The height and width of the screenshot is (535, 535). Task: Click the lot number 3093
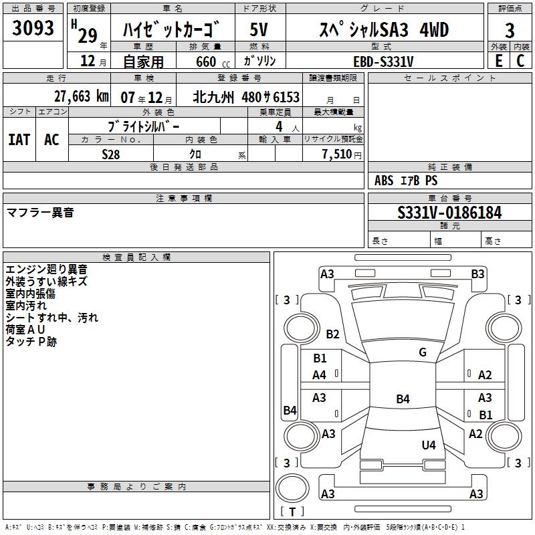click(33, 29)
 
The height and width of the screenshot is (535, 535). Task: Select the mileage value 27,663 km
click(81, 96)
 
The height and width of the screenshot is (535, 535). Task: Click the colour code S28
click(111, 154)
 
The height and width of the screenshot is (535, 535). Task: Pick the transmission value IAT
click(19, 140)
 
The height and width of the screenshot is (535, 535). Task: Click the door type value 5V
click(259, 30)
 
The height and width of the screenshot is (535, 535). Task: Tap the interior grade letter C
click(520, 60)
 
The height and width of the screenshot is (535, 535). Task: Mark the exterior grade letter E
click(498, 60)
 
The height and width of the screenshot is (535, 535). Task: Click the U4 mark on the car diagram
click(429, 445)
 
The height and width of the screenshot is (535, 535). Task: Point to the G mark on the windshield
click(423, 352)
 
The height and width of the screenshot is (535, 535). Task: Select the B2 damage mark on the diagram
click(332, 334)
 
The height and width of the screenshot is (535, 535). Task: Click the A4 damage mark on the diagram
click(320, 375)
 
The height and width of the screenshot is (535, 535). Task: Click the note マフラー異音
click(40, 213)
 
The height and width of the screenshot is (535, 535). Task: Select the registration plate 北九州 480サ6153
click(246, 97)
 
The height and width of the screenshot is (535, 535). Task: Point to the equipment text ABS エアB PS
click(406, 181)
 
